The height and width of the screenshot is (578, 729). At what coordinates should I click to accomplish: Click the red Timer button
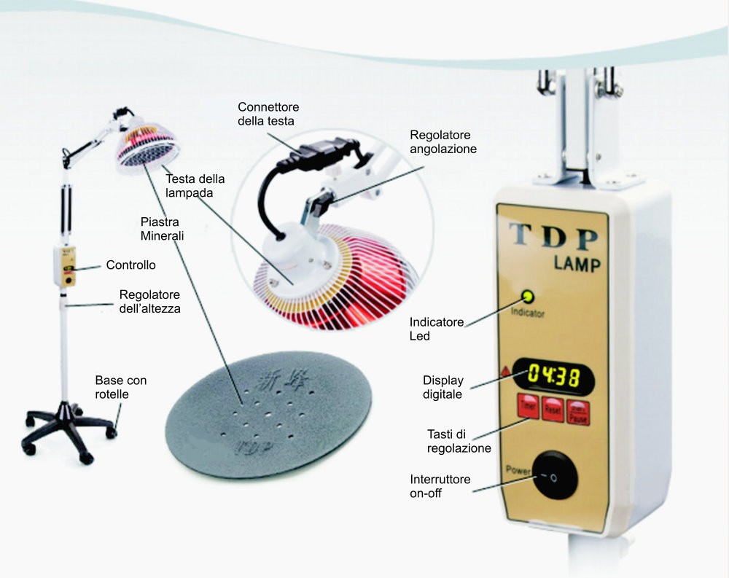(529, 406)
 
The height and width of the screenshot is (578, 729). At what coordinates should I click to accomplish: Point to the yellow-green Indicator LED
(529, 297)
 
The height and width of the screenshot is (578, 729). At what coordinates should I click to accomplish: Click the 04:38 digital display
(552, 377)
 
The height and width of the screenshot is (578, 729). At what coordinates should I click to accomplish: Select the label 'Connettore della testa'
(268, 114)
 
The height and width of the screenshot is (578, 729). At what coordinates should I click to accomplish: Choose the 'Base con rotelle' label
(120, 387)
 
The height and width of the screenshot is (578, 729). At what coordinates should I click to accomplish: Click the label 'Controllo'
(130, 265)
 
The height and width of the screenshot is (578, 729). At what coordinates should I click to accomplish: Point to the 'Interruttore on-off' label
(440, 486)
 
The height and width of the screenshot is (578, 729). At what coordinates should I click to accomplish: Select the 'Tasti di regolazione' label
(459, 441)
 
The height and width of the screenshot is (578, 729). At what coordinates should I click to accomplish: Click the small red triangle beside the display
(505, 372)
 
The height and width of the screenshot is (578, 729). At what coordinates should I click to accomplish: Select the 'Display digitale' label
(443, 387)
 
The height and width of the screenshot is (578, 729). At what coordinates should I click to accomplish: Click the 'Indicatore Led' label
(437, 329)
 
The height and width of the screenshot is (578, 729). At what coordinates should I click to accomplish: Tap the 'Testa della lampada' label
(195, 187)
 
